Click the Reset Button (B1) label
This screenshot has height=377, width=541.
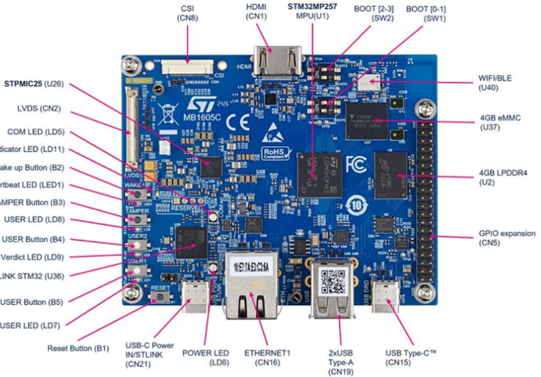78,347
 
